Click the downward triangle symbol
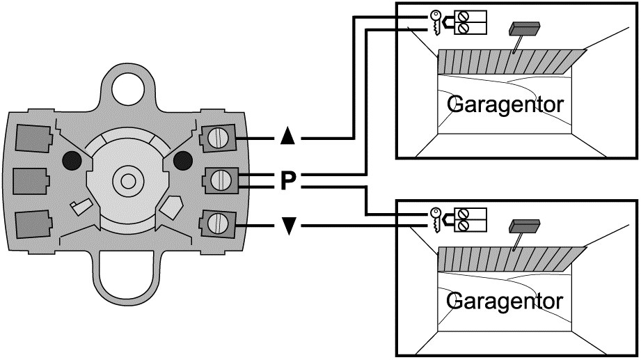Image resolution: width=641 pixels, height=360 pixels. click(288, 226)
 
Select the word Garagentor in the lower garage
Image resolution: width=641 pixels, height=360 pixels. click(505, 302)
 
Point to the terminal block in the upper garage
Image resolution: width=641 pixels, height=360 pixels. click(470, 22)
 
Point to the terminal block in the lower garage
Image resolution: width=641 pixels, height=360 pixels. click(470, 219)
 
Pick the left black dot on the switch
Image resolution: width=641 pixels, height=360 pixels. click(71, 160)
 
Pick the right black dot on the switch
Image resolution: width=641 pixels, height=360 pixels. click(182, 160)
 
